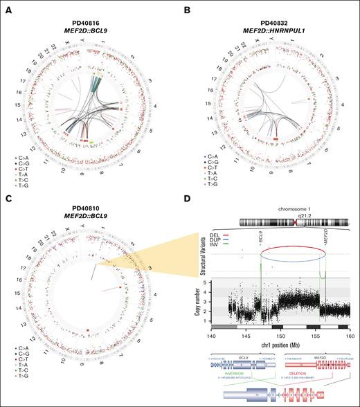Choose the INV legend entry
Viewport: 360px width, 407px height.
pyautogui.click(x=204, y=250)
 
